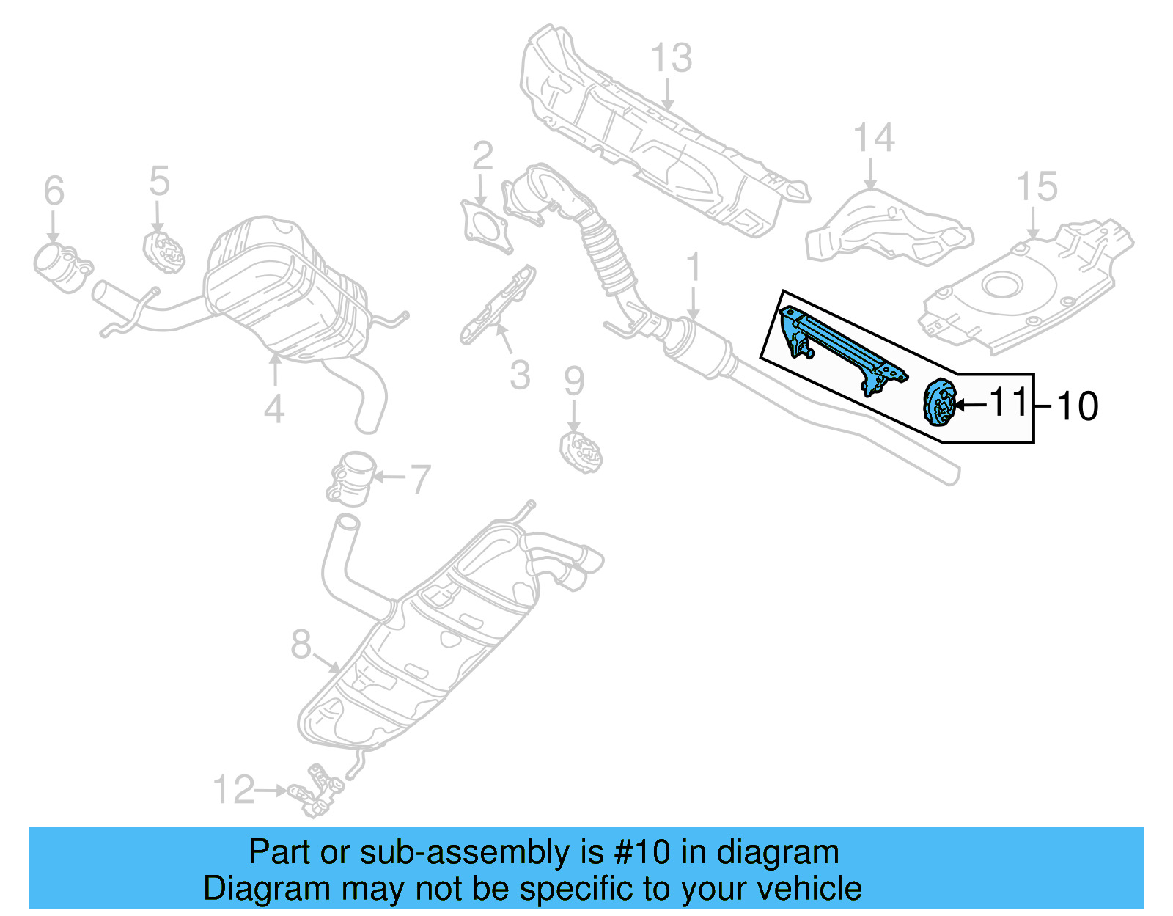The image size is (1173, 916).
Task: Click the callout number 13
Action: coord(671,59)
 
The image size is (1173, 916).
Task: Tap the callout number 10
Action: coord(1077,406)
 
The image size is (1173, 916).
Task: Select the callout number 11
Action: coord(1010,402)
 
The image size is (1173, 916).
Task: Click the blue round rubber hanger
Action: coord(939,402)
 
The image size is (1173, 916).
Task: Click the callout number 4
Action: coord(273,408)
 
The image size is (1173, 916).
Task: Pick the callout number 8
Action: coord(301,645)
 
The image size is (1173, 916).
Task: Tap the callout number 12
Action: coord(233,790)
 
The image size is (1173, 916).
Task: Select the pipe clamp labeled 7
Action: coord(353,477)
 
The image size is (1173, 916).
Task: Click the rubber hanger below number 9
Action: coord(581,453)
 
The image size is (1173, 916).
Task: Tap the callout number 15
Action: coord(1037,188)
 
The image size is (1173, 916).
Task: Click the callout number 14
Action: coord(874,139)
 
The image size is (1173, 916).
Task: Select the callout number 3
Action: coord(520,375)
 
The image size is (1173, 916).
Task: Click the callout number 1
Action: coord(693,268)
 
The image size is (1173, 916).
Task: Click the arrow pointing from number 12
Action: coord(272,791)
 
